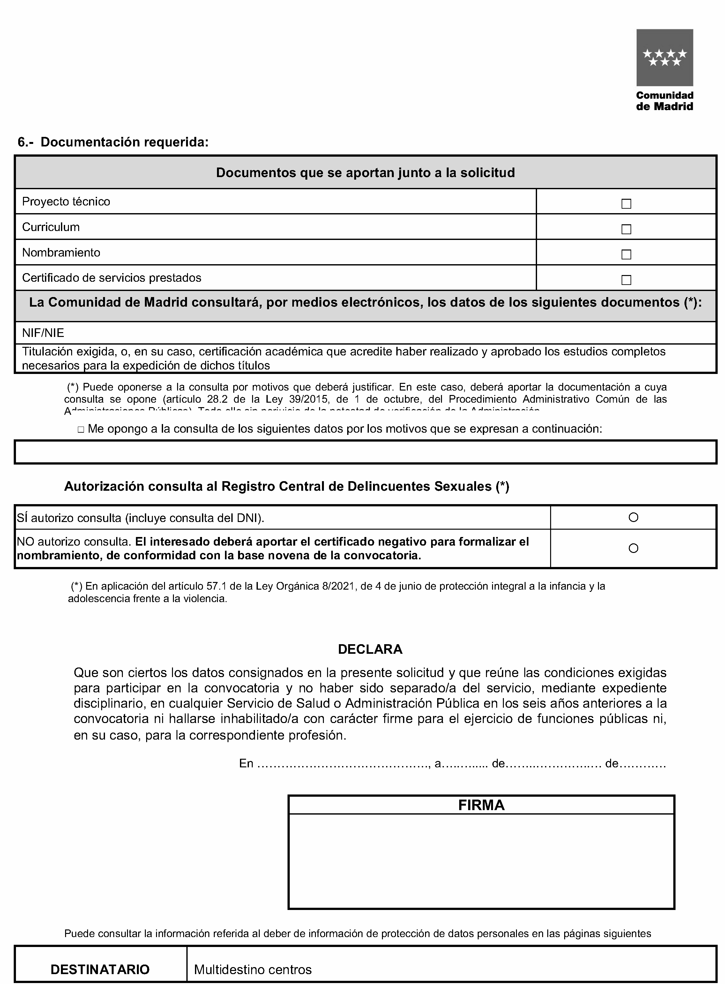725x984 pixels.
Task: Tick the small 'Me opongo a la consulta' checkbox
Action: [x=81, y=430]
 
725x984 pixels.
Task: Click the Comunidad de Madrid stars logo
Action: [x=664, y=57]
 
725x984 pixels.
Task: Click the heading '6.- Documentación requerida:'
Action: [x=113, y=142]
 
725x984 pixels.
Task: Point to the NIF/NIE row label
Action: [x=43, y=333]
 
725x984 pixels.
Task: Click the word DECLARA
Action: [x=370, y=649]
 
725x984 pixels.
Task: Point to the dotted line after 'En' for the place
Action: [x=342, y=764]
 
